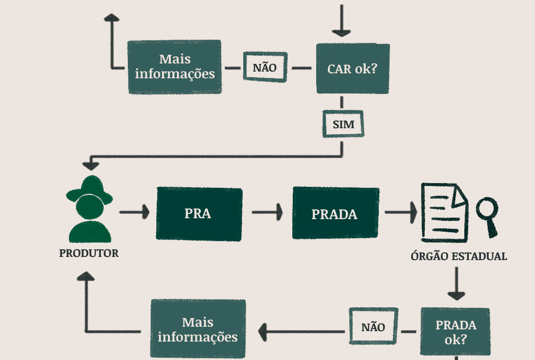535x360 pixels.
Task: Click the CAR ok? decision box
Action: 353,69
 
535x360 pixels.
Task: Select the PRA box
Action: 199,214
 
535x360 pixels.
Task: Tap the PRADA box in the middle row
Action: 335,213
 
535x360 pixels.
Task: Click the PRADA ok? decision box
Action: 455,332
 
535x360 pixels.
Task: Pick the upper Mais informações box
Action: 175,67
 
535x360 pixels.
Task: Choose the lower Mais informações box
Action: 198,329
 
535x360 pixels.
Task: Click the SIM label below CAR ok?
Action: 343,124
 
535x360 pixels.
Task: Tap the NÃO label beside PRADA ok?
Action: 373,326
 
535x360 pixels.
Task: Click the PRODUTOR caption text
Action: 89,253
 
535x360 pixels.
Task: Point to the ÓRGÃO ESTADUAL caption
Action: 458,256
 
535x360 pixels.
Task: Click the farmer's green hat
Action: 90,189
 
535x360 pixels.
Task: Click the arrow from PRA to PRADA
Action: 267,211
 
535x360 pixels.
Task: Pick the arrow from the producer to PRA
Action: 134,211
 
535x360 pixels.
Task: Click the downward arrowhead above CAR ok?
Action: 341,32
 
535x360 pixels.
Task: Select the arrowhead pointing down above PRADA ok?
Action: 456,295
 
